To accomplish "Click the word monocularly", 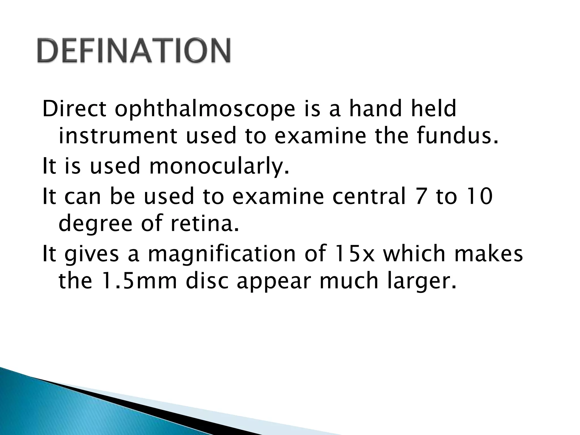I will point(219,167).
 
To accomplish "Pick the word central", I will point(369,196).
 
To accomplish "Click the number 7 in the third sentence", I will point(421,196).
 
